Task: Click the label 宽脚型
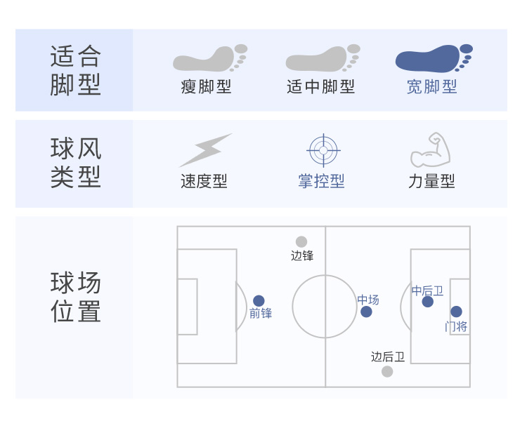(x=432, y=87)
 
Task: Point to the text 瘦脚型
(x=206, y=87)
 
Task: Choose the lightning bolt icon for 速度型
(x=205, y=149)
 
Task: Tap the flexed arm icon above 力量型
(x=431, y=149)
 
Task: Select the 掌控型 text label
(x=322, y=181)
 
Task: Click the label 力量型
(x=431, y=181)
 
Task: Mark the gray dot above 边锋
(x=301, y=241)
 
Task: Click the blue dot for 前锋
(x=259, y=300)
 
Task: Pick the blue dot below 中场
(x=366, y=312)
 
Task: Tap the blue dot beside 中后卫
(x=427, y=302)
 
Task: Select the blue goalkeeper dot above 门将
(x=456, y=312)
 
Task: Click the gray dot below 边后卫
(x=387, y=371)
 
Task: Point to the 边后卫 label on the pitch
(x=388, y=356)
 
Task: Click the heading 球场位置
(x=76, y=297)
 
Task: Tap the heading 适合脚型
(x=76, y=69)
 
